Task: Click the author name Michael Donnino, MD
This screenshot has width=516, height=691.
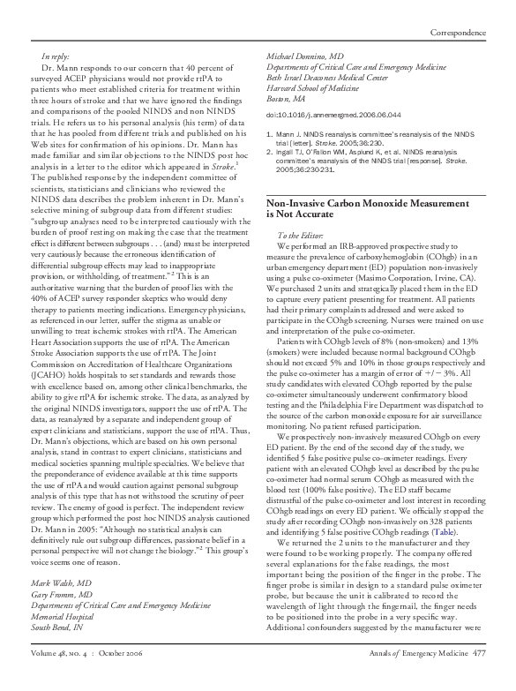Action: pyautogui.click(x=303, y=56)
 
